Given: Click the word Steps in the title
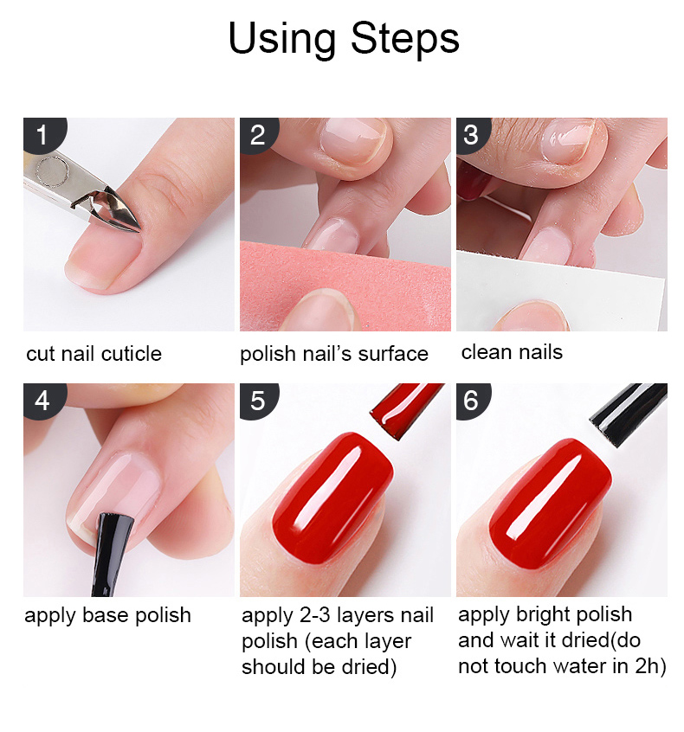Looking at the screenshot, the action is tap(404, 39).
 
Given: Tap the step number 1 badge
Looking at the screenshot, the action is tap(43, 134).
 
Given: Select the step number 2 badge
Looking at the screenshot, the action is tap(258, 134).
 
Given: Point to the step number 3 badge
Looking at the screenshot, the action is tap(472, 134).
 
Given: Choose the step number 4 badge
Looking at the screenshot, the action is tap(43, 401).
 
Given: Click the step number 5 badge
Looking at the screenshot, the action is tap(258, 401).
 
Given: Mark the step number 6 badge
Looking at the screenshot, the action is tap(472, 401).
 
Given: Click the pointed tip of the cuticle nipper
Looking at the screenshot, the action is tap(140, 230).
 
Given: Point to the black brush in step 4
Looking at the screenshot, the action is tap(110, 553).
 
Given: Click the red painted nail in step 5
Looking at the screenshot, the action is tap(332, 498).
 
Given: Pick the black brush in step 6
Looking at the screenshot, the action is tap(628, 414).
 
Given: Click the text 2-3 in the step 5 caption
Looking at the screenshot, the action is tap(314, 615).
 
